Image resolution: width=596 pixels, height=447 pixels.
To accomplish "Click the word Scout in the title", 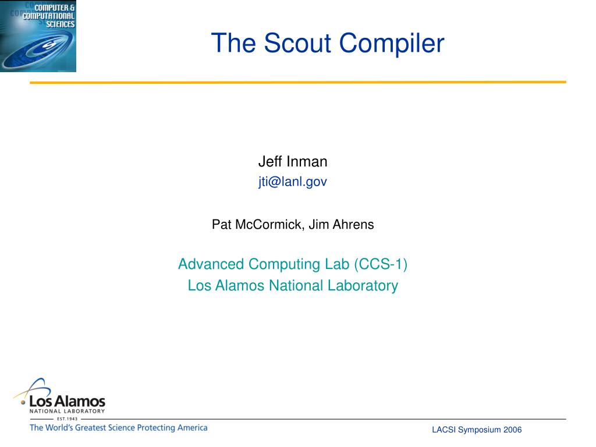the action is [x=297, y=42].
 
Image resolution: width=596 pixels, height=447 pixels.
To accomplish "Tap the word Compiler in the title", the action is [x=392, y=44].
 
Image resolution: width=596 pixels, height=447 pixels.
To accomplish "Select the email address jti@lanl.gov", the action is [x=293, y=182].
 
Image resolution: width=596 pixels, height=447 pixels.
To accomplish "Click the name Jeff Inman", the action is [x=293, y=162].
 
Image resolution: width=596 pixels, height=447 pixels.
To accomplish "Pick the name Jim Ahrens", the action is [x=341, y=224].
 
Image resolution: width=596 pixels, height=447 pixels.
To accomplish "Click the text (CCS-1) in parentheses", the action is [x=381, y=264].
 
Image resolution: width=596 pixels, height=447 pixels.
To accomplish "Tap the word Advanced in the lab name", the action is [x=211, y=264].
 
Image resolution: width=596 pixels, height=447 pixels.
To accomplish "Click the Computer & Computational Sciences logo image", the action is [x=38, y=36].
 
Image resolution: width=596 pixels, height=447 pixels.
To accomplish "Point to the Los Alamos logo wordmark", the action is [x=68, y=401].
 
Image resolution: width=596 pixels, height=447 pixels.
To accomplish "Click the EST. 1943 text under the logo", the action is [x=67, y=419].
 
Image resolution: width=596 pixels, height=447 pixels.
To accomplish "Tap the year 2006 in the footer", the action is [x=512, y=430].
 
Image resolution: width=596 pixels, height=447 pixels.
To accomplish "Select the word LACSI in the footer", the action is [x=444, y=430].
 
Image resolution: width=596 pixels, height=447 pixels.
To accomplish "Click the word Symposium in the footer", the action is [x=480, y=430].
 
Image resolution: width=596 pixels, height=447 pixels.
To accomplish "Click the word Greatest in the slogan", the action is [x=90, y=428].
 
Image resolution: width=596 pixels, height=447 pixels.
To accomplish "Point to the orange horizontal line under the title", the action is [x=298, y=82].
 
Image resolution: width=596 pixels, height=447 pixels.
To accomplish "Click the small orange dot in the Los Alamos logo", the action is [x=23, y=402].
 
